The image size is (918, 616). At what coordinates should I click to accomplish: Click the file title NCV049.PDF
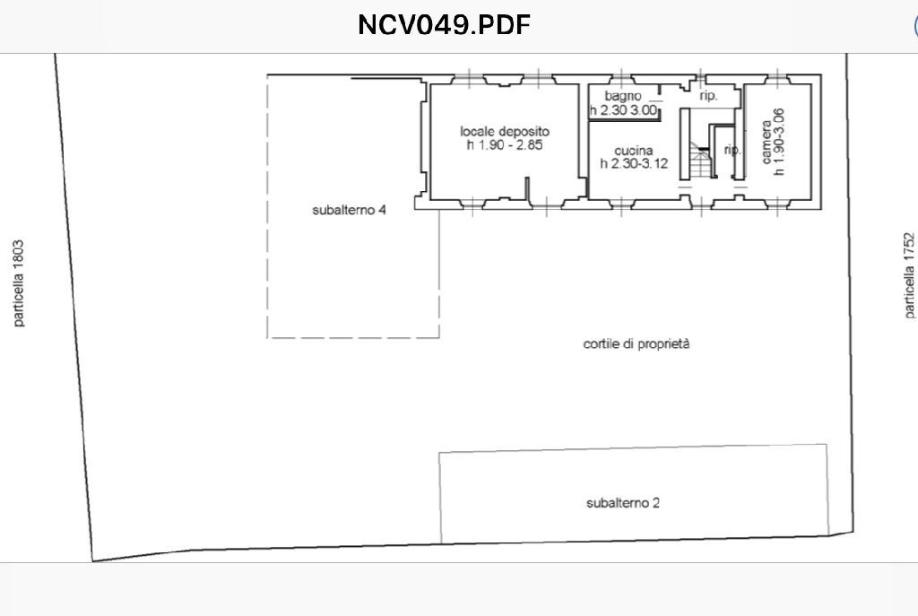pyautogui.click(x=444, y=25)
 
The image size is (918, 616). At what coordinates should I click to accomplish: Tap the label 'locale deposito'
pyautogui.click(x=505, y=132)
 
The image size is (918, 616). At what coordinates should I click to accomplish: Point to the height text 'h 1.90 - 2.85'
pyautogui.click(x=505, y=145)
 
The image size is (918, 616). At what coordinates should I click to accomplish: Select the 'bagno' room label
pyautogui.click(x=623, y=96)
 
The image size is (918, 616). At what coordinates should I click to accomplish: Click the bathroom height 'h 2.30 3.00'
pyautogui.click(x=624, y=110)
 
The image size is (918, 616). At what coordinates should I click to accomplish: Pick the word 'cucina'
pyautogui.click(x=634, y=151)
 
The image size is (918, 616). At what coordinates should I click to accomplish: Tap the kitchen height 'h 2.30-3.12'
pyautogui.click(x=634, y=164)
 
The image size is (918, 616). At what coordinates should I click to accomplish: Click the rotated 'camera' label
pyautogui.click(x=766, y=142)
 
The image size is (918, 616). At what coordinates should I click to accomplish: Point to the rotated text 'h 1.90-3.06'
pyautogui.click(x=779, y=142)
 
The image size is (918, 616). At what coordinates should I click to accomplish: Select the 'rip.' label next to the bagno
pyautogui.click(x=708, y=96)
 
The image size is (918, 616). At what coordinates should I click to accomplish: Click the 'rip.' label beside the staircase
pyautogui.click(x=732, y=150)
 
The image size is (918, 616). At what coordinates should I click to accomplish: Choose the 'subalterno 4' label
pyautogui.click(x=349, y=210)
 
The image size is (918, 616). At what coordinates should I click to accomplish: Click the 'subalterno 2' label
pyautogui.click(x=623, y=503)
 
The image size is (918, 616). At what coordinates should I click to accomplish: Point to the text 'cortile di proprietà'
pyautogui.click(x=637, y=344)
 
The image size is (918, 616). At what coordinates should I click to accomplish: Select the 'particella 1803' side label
pyautogui.click(x=19, y=282)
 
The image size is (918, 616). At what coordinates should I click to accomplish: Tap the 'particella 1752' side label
pyautogui.click(x=909, y=275)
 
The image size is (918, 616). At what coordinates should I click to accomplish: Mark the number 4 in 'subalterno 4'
pyautogui.click(x=382, y=210)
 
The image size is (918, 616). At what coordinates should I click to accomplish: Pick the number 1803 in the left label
pyautogui.click(x=19, y=254)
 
